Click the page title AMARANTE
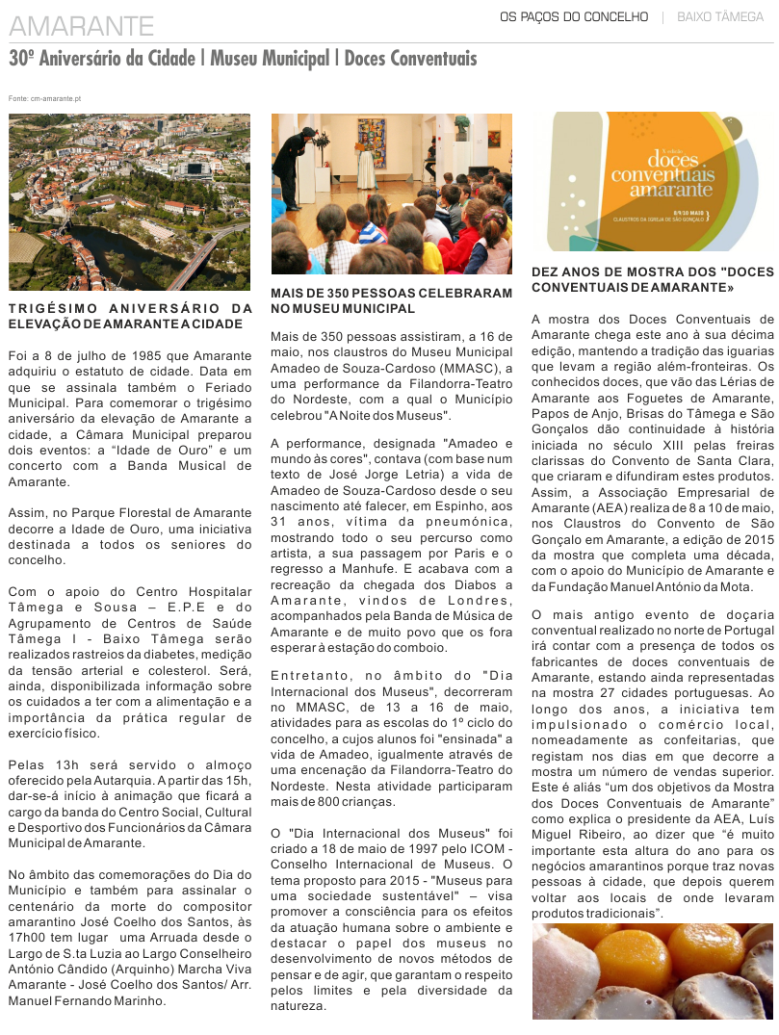click(x=81, y=26)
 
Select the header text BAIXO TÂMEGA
click(x=719, y=17)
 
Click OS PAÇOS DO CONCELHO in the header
click(x=574, y=17)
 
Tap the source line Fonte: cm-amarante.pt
click(x=44, y=98)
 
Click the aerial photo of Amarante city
click(x=129, y=201)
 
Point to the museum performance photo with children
click(x=391, y=194)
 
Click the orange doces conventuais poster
click(x=653, y=183)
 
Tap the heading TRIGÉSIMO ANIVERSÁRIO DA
click(x=129, y=308)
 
